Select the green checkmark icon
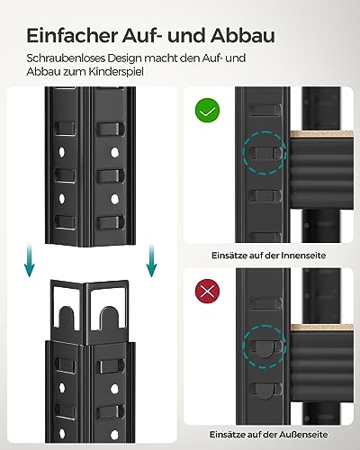tap(208, 112)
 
